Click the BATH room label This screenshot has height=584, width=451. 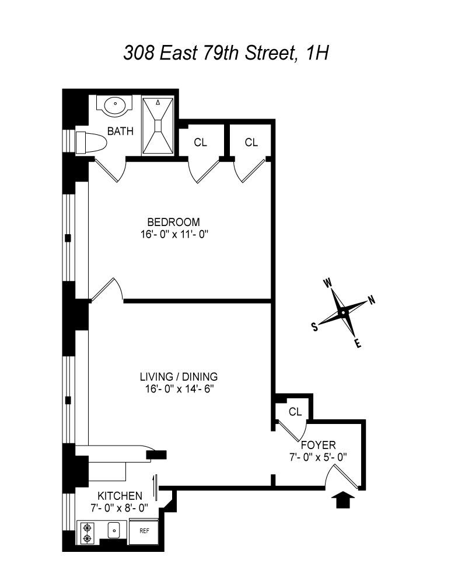coord(120,131)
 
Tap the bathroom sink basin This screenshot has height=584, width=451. coord(115,105)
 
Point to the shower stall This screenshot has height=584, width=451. coord(158,126)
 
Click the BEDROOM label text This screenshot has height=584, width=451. coord(173,222)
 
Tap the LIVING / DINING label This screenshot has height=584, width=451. coord(179,376)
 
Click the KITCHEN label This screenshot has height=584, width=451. coord(120,496)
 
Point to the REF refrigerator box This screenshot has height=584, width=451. coord(144,531)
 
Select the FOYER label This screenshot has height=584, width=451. coord(318,444)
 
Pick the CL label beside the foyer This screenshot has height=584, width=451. coord(295,412)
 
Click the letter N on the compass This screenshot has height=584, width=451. coord(372,300)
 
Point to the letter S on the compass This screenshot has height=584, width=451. coord(315,327)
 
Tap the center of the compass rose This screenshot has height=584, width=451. coord(343,313)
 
